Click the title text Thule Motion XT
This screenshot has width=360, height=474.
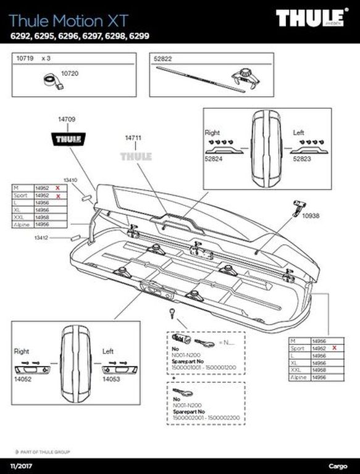tap(61, 20)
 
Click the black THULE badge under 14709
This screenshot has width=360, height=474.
tap(68, 138)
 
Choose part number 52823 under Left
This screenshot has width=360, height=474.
tap(301, 159)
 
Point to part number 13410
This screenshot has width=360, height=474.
tap(70, 181)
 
